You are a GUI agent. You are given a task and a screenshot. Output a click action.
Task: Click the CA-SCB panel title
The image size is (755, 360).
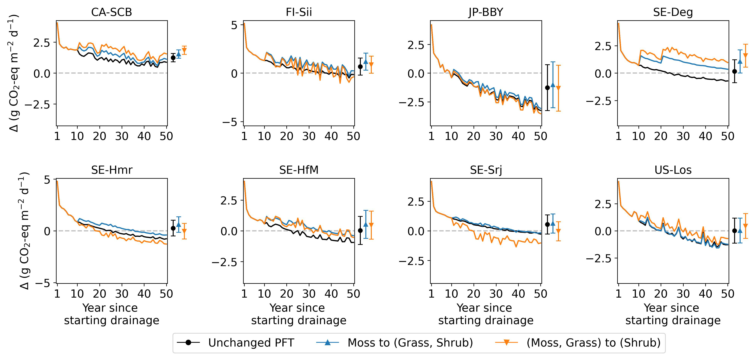point(111,12)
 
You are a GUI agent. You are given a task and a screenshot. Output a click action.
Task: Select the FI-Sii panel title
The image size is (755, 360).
point(299,12)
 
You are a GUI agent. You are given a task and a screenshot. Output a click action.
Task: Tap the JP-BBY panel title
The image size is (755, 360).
point(486,12)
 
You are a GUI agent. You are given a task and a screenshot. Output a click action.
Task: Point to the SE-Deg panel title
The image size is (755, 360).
point(673,12)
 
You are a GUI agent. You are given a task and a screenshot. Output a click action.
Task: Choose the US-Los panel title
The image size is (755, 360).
point(673,170)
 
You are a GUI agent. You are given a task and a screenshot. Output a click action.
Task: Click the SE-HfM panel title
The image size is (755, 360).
point(299,170)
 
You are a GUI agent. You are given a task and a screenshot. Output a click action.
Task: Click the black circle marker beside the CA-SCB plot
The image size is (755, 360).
point(173,58)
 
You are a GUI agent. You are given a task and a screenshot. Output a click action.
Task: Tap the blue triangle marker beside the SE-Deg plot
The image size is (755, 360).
point(740,61)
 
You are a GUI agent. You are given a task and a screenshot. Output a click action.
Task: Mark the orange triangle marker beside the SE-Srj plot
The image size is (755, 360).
point(558,231)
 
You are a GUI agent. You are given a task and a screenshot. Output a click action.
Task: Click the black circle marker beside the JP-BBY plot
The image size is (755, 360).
point(547,88)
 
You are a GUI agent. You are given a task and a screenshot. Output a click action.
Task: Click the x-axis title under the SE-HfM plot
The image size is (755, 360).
point(299,314)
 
